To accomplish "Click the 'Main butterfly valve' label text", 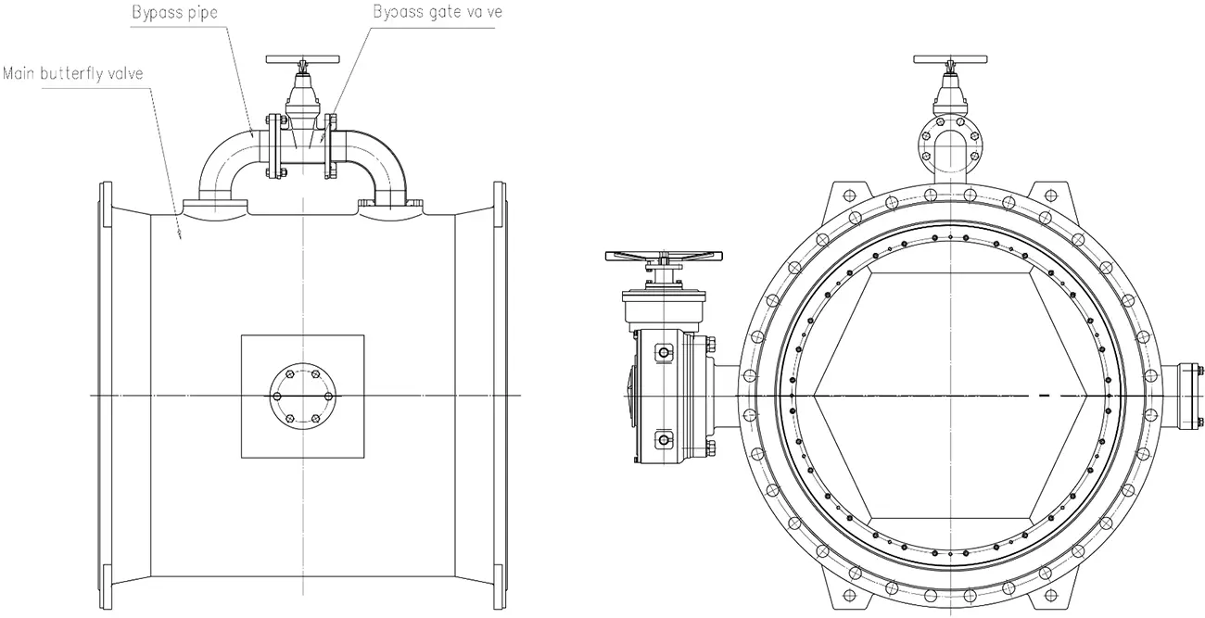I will [x=72, y=72].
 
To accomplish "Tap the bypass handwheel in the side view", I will [x=301, y=59].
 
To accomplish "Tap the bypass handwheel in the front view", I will [x=948, y=59].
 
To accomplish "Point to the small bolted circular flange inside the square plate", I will [x=301, y=396].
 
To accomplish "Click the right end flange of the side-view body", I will [x=501, y=396].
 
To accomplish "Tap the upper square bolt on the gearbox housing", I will [x=663, y=352].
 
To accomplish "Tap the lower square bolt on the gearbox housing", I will [x=663, y=436].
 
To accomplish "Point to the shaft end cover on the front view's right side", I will [x=1187, y=396].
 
